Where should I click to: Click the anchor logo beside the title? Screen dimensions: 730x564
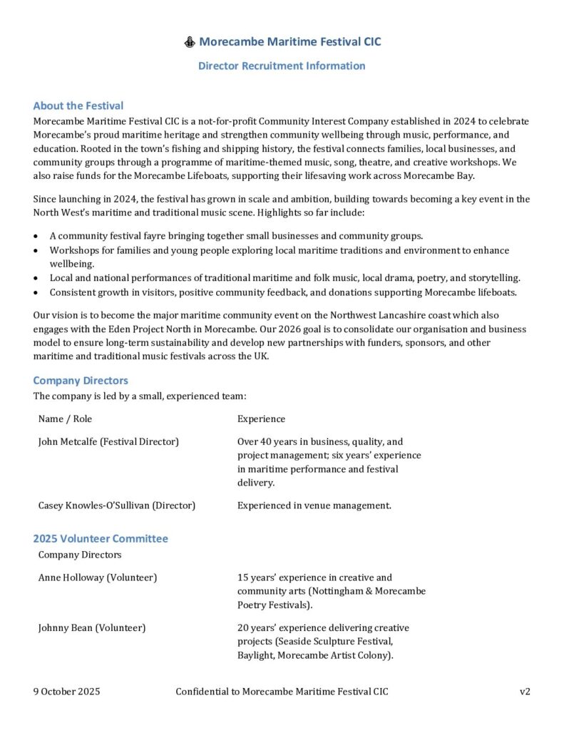[190, 42]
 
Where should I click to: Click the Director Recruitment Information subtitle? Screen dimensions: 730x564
[282, 66]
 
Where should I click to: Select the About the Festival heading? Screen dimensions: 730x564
[78, 106]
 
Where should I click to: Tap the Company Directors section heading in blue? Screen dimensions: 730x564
[81, 381]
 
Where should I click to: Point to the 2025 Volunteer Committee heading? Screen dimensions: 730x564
[101, 538]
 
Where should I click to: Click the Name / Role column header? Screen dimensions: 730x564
[65, 418]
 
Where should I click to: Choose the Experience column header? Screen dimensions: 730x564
[261, 418]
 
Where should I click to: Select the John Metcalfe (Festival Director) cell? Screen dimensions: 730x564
[108, 441]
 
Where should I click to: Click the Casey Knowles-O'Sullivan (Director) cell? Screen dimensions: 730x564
[117, 505]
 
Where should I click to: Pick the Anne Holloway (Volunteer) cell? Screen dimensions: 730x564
[98, 577]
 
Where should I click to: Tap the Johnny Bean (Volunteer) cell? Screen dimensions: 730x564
[92, 627]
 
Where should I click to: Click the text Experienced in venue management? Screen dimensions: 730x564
[314, 505]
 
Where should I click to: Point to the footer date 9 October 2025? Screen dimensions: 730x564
[66, 692]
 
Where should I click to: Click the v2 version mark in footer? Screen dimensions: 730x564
[525, 692]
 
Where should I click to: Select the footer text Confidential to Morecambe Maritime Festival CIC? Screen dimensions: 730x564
[282, 692]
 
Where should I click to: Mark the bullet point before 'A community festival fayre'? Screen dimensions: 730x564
[36, 236]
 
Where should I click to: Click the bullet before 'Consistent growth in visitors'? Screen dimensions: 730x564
[36, 292]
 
